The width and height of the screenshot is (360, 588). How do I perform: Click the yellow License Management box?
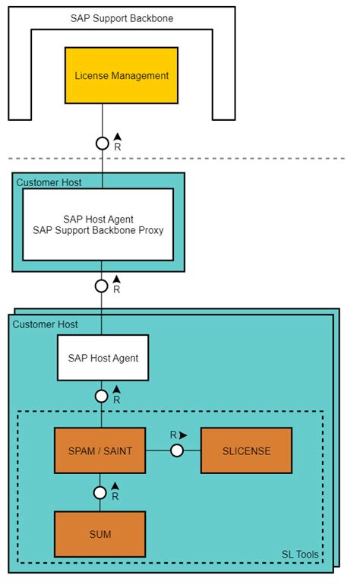pos(122,76)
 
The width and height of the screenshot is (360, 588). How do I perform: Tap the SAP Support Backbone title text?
pos(122,17)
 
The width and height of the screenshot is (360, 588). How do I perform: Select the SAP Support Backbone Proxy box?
pos(98,224)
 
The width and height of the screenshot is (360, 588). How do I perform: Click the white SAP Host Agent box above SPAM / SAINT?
pos(103,358)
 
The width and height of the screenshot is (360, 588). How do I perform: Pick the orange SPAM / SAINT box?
pos(99,450)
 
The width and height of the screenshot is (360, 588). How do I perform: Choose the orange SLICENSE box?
pos(246,450)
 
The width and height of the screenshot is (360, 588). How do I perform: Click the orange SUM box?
pos(99,534)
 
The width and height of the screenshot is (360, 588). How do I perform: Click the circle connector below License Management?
pos(102,142)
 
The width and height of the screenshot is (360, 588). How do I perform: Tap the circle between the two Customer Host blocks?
pos(102,286)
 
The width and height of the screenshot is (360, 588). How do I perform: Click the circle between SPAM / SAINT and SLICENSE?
pos(176,450)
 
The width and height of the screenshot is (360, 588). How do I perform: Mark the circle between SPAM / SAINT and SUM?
pos(99,492)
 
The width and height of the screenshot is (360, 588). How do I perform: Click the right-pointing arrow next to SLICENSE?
pos(183,435)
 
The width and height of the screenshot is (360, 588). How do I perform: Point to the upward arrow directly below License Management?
pos(117,136)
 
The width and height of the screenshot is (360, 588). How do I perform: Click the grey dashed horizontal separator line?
pos(228,159)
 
